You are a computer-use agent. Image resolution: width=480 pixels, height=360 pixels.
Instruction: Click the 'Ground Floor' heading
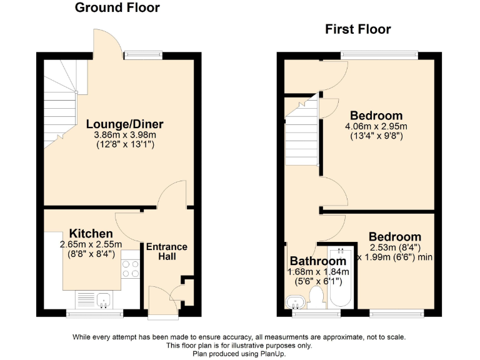pyautogui.click(x=117, y=8)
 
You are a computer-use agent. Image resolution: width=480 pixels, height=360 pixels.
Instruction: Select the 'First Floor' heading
pyautogui.click(x=357, y=29)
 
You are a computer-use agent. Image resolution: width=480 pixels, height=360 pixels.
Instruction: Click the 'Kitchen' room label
pyautogui.click(x=91, y=234)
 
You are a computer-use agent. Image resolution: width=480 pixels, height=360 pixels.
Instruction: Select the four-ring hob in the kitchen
pyautogui.click(x=131, y=269)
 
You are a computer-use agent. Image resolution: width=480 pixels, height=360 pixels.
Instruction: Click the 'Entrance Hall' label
pyautogui.click(x=167, y=251)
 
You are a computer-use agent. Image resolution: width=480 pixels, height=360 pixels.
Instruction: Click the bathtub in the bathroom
pyautogui.click(x=341, y=278)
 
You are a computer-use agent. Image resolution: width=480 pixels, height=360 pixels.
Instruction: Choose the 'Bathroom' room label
pyautogui.click(x=317, y=261)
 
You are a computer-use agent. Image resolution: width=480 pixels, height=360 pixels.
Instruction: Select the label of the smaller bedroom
pyautogui.click(x=394, y=237)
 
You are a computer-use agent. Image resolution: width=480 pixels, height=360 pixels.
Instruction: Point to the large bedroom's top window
pyautogui.click(x=380, y=56)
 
